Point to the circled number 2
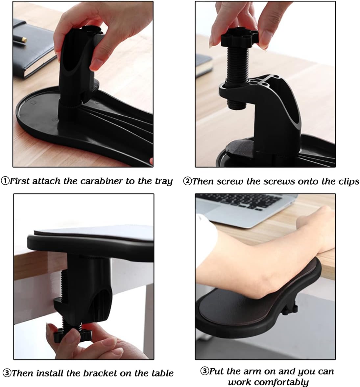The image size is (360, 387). click(187, 181)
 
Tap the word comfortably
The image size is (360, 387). click(268, 382)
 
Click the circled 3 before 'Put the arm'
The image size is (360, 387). click(204, 372)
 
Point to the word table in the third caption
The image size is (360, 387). click(162, 373)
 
